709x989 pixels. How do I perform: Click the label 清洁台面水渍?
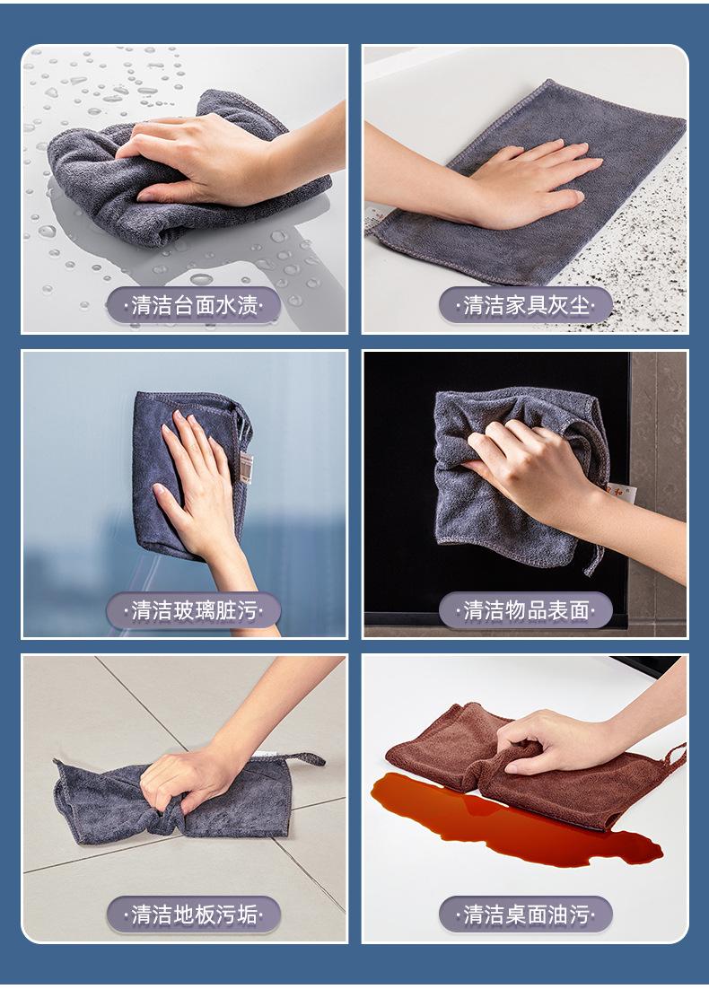tap(194, 305)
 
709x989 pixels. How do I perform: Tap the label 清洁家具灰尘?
tap(525, 305)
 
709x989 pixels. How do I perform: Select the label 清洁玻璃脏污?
tap(194, 610)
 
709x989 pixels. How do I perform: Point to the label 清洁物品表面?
tap(525, 610)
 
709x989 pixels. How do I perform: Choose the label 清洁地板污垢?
tap(194, 914)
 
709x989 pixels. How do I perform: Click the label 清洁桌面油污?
tap(525, 914)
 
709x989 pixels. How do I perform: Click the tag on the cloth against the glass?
tap(246, 468)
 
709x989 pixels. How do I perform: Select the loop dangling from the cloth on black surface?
tap(595, 558)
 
